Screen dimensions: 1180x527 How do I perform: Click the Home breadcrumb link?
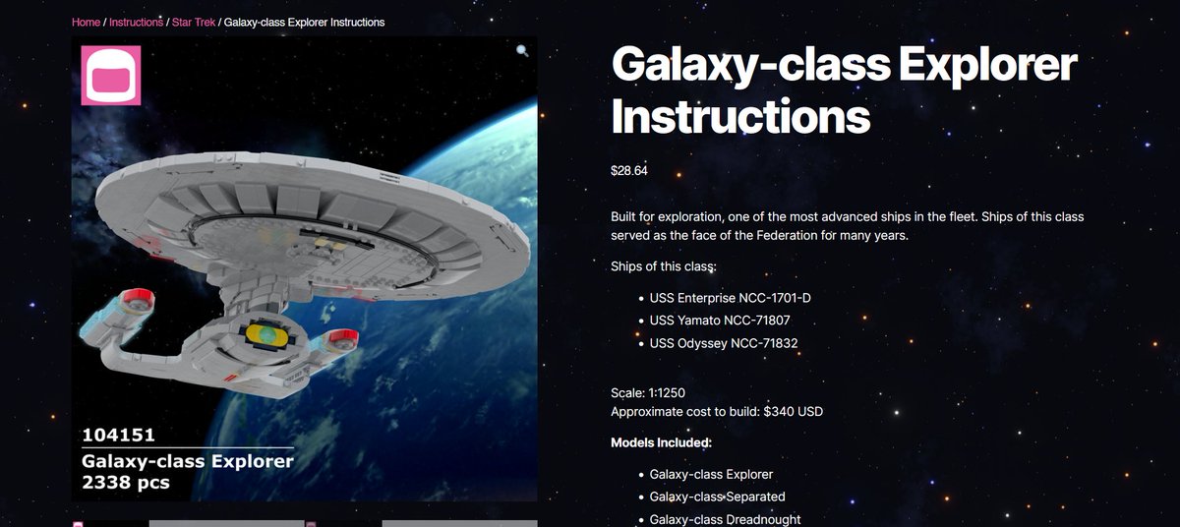coord(86,22)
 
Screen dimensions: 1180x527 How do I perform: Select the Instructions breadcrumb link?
coord(136,22)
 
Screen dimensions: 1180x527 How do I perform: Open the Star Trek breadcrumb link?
coord(194,22)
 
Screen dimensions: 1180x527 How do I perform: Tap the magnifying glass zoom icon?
coord(522,50)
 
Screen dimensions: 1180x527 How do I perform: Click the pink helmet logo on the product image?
coord(110,76)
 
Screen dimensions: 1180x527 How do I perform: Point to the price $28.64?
coord(629,170)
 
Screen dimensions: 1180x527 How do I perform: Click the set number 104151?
coord(119,435)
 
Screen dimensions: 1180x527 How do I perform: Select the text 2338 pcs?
coord(126,482)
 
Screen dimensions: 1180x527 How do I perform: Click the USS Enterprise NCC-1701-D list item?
coord(730,298)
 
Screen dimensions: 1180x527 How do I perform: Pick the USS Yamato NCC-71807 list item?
coord(720,321)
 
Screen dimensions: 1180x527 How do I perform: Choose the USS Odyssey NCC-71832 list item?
coord(724,343)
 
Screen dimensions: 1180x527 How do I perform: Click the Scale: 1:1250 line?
coord(648,392)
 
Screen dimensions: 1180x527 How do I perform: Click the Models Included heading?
coord(661,442)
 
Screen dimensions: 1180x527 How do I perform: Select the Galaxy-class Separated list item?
coord(717,497)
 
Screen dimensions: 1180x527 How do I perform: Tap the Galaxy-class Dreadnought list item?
coord(725,520)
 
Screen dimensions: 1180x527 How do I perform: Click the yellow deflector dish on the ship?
coord(267,335)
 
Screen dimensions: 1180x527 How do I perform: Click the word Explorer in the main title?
coord(987,64)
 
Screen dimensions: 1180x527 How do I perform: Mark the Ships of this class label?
coord(663,266)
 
